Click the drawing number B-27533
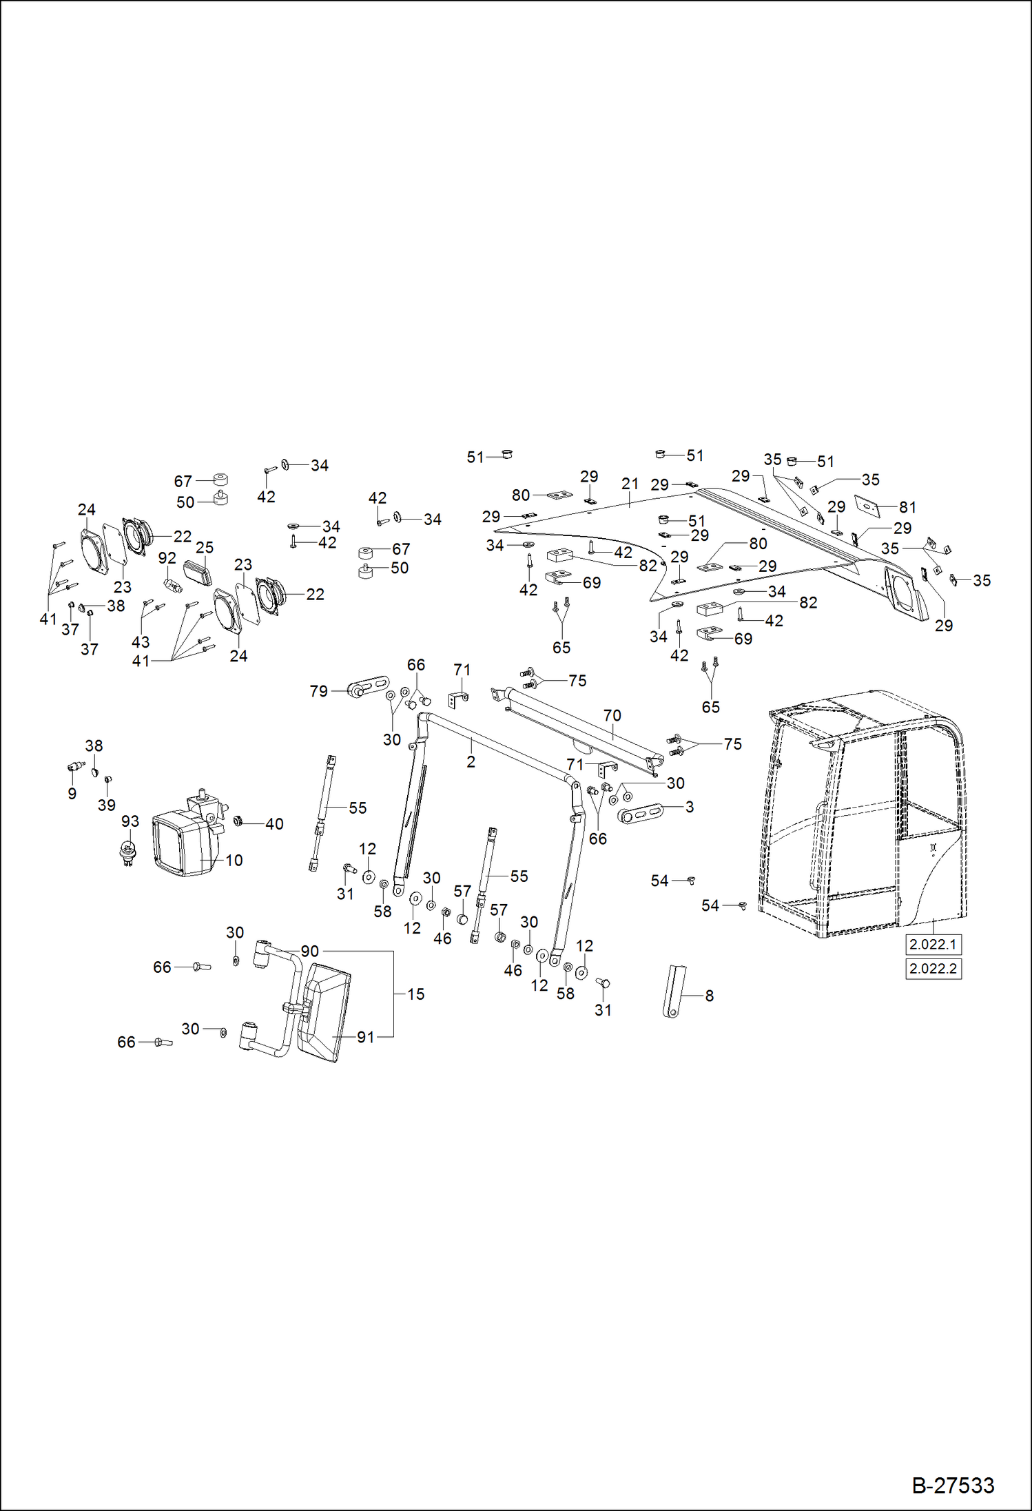(x=953, y=1486)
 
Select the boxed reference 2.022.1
(x=933, y=945)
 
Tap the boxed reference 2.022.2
(x=933, y=969)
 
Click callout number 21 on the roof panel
(x=630, y=484)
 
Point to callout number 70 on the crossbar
(x=612, y=716)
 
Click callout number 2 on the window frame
(x=471, y=762)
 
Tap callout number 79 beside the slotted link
(x=318, y=691)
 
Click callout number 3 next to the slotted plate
(x=689, y=807)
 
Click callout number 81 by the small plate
(x=907, y=507)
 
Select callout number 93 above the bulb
(x=130, y=821)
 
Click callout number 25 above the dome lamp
(x=205, y=548)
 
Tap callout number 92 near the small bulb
(x=167, y=558)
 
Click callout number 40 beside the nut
(x=274, y=824)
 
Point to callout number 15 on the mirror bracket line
(x=415, y=994)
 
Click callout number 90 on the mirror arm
(x=309, y=952)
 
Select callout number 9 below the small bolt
(x=72, y=794)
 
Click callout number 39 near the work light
(x=106, y=805)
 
